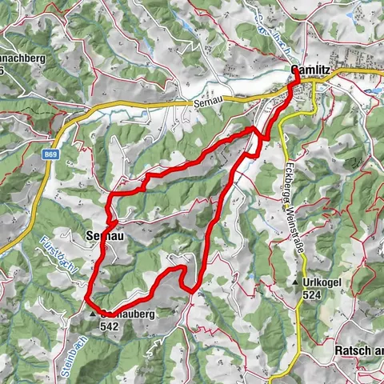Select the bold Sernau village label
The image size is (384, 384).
pyautogui.click(x=102, y=235)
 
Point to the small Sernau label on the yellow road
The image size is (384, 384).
pyautogui.click(x=206, y=103)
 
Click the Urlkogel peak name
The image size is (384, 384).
pyautogui.click(x=326, y=283)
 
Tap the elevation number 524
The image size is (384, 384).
pyautogui.click(x=313, y=295)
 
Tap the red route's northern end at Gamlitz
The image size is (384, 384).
pyautogui.click(x=295, y=74)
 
